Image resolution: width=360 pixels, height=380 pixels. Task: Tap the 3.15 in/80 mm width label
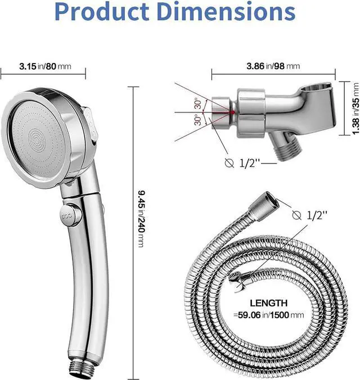[44, 66]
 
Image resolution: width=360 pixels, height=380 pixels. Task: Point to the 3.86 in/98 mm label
[273, 66]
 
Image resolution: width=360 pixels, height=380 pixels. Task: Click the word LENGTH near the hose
[269, 302]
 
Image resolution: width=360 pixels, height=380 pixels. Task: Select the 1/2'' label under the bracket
[250, 163]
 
